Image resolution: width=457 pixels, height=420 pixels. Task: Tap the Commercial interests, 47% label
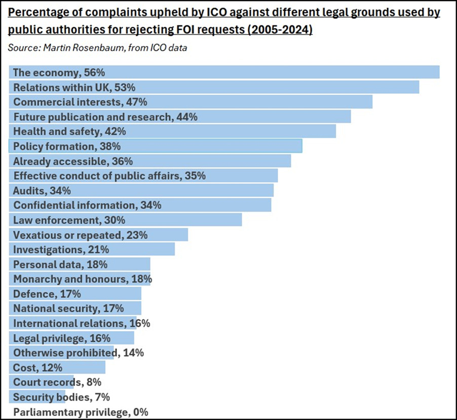coord(80,102)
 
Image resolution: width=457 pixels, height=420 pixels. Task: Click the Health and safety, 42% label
coord(69,131)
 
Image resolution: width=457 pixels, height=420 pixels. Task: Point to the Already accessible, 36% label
coord(73,161)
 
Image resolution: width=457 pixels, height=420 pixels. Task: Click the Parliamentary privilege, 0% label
coord(81,412)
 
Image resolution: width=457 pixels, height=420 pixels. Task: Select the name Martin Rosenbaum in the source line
coord(71,48)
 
